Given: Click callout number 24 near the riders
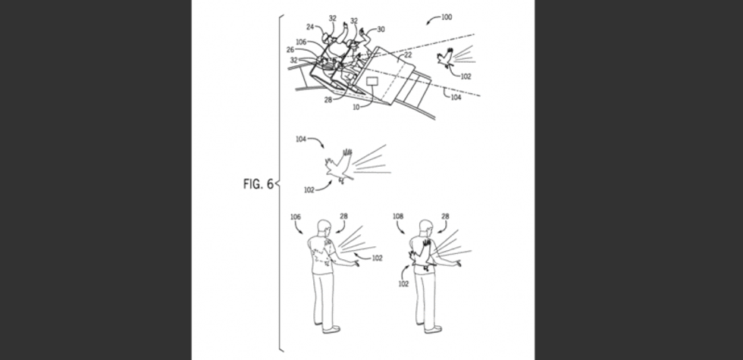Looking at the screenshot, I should (310, 27).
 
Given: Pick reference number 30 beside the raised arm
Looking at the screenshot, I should (381, 29).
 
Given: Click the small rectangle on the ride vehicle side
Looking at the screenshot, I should (374, 80).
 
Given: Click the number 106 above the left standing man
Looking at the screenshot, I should (296, 217).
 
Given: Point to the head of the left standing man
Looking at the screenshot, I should (324, 226).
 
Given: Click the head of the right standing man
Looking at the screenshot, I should (426, 227).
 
